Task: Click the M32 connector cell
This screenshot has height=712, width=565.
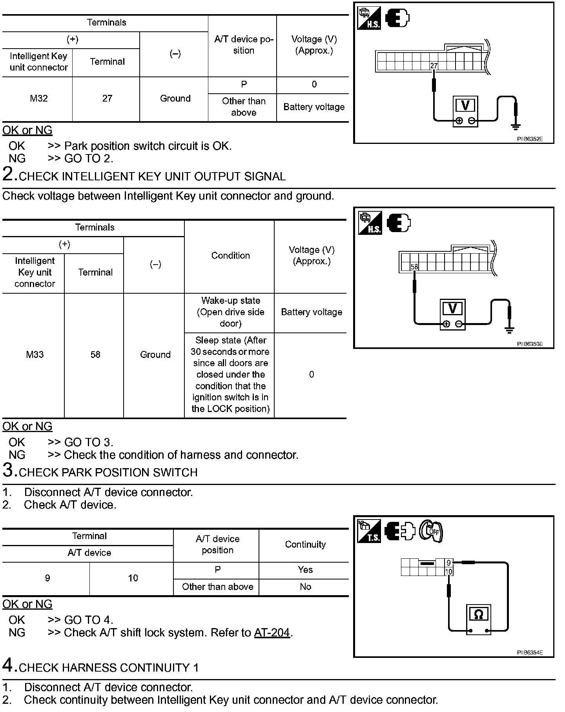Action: (38, 98)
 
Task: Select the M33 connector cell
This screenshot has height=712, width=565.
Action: (35, 355)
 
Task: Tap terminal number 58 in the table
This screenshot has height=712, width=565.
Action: (95, 355)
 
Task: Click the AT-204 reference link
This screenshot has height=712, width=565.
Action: (272, 633)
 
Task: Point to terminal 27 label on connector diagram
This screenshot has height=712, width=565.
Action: (434, 66)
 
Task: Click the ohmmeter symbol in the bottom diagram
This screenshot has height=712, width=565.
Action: (478, 615)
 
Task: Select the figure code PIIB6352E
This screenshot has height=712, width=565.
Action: (530, 139)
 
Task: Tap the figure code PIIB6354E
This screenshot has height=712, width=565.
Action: (530, 653)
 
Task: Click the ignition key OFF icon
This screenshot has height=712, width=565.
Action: (431, 531)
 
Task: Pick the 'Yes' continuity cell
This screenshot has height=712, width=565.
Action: (305, 570)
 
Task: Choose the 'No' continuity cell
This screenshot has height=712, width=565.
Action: (305, 587)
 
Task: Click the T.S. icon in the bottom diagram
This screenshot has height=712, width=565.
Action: (369, 531)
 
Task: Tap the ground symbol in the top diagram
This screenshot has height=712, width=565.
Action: (516, 126)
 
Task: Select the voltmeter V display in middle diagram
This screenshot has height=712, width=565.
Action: (452, 309)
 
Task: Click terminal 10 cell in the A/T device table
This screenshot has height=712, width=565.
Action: (133, 578)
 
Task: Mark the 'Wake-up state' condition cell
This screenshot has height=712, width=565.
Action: (230, 312)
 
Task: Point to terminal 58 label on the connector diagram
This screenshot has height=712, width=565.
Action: (414, 267)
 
